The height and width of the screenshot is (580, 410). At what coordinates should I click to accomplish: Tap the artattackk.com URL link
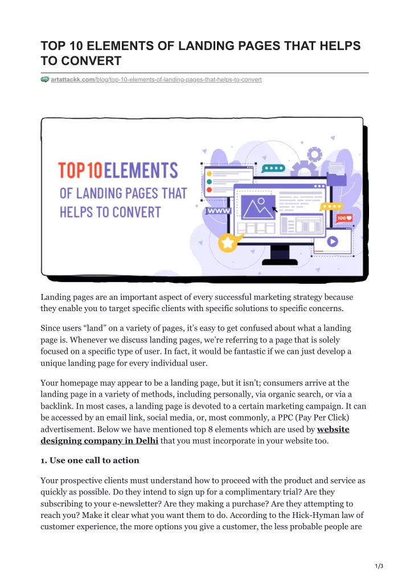157,80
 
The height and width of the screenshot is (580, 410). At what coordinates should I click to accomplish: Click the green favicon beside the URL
45,79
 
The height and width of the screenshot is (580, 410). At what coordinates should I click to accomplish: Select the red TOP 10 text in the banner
80,170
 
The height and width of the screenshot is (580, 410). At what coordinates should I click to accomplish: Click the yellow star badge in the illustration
228,243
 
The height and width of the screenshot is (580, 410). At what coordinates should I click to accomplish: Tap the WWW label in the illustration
218,211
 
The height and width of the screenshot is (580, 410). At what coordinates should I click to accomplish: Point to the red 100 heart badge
344,218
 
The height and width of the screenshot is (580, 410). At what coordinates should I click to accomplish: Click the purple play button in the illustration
333,242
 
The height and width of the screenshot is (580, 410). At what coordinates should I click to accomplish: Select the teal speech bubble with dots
273,169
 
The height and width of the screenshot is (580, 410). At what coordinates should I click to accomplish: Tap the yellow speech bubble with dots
331,207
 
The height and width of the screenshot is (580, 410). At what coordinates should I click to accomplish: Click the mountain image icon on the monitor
258,207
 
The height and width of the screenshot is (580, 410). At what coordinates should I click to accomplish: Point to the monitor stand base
280,262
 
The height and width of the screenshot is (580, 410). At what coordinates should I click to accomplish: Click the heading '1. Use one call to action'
90,460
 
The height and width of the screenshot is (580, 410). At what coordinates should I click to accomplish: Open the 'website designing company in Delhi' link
195,435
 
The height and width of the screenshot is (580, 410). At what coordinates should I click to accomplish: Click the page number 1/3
379,566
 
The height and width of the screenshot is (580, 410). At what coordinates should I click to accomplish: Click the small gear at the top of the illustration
314,154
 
